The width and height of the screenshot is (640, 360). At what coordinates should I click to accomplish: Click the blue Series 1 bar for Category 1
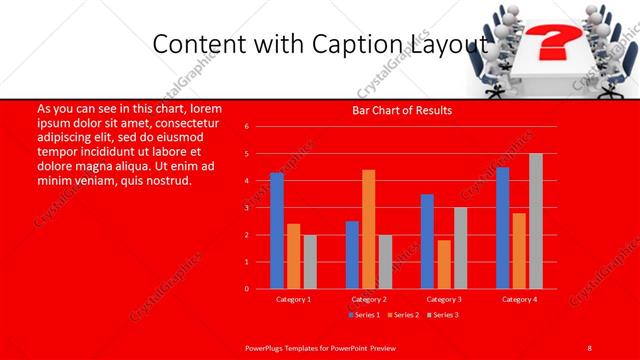(277, 231)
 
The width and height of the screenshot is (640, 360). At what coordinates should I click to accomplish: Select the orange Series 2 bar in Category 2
(368, 229)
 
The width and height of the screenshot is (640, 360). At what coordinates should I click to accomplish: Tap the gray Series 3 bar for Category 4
(536, 221)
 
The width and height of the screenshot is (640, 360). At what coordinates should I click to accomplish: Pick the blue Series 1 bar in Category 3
(427, 241)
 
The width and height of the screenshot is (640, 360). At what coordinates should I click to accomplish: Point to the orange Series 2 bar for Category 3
(444, 264)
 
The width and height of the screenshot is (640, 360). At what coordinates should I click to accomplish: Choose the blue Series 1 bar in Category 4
(502, 228)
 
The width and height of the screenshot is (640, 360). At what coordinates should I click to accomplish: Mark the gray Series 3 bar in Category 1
(310, 262)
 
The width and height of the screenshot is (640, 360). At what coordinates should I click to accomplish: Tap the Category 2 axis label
(369, 299)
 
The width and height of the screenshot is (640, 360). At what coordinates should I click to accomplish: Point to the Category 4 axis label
(519, 299)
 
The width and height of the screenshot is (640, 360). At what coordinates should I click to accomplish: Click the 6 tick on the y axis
(261, 127)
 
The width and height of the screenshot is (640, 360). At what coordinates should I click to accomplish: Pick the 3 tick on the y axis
(261, 208)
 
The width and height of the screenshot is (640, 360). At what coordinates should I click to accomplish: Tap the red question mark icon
(547, 43)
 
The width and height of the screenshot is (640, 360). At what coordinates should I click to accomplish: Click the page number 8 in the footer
(590, 347)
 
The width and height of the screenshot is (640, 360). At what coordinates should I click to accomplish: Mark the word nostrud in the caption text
(167, 179)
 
